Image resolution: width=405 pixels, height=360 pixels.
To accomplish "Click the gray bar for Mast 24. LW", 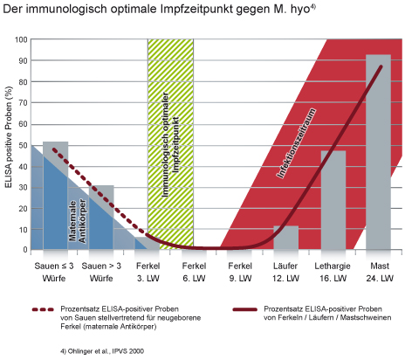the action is pyautogui.click(x=378, y=152).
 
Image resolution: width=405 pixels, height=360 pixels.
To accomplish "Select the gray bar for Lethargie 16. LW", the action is pyautogui.click(x=333, y=200).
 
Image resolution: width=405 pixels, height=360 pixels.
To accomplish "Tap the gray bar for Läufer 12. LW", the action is pyautogui.click(x=286, y=238).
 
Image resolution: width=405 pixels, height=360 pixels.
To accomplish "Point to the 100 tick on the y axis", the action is pyautogui.click(x=21, y=39).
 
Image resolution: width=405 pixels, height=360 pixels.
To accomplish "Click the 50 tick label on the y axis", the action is pyautogui.click(x=24, y=145).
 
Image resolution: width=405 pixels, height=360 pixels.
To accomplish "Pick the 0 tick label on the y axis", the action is pyautogui.click(x=25, y=250).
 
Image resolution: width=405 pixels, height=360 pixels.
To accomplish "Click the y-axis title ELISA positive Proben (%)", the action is pyautogui.click(x=9, y=137).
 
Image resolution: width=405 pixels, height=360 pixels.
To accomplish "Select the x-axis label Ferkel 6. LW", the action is pyautogui.click(x=194, y=272).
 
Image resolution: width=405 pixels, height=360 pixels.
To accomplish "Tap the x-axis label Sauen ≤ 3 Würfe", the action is pyautogui.click(x=54, y=272).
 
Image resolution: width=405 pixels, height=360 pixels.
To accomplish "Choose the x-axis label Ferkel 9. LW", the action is pyautogui.click(x=240, y=272).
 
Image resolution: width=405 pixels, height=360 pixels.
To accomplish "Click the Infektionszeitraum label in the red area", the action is pyautogui.click(x=296, y=143).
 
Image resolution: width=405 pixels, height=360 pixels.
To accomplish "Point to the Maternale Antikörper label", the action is pyautogui.click(x=78, y=221).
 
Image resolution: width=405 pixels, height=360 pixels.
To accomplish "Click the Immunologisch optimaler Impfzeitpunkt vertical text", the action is pyautogui.click(x=170, y=145).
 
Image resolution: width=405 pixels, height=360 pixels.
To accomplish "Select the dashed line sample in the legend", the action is pyautogui.click(x=43, y=309).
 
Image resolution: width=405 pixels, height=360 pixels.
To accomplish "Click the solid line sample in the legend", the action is pyautogui.click(x=245, y=309).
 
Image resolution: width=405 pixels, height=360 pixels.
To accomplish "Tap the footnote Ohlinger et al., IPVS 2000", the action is pyautogui.click(x=102, y=351).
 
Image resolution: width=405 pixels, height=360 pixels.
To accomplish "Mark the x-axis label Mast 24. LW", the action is pyautogui.click(x=380, y=272).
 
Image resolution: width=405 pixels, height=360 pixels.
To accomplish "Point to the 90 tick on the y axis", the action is pyautogui.click(x=24, y=61).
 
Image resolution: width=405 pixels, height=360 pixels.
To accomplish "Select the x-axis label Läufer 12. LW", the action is pyautogui.click(x=285, y=272).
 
